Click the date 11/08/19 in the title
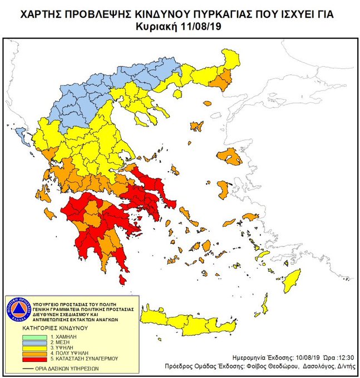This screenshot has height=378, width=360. (203, 26)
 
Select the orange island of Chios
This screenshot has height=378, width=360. (223, 190)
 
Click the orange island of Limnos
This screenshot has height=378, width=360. (196, 126)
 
